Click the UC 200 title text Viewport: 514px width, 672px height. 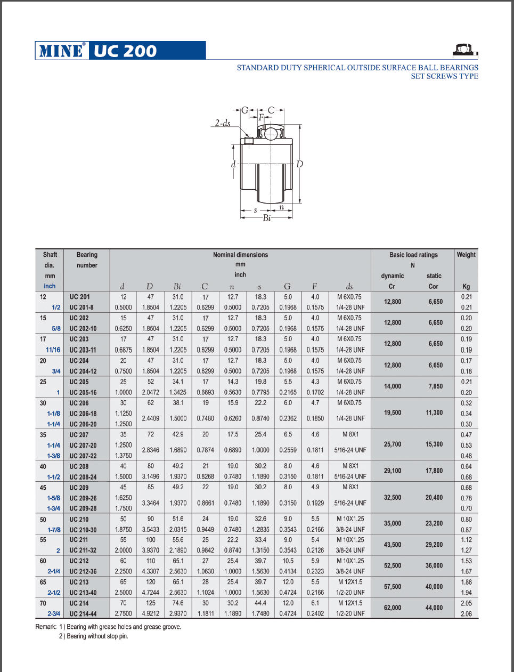[126, 51]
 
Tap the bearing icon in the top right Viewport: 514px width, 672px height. [465, 51]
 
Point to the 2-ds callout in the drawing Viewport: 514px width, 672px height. [223, 123]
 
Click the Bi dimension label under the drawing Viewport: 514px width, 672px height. [266, 218]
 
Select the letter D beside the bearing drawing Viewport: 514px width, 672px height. [299, 164]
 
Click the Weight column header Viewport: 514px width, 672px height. [466, 255]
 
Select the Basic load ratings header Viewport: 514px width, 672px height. [413, 255]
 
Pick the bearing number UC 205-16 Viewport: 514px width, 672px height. [83, 392]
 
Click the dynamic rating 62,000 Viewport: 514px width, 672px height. [393, 608]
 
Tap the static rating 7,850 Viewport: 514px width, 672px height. [435, 386]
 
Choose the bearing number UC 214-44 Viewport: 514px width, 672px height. [83, 613]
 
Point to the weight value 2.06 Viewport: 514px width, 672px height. [466, 613]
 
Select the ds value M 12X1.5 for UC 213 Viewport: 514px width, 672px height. [350, 582]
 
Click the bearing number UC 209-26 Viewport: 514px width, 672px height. [83, 498]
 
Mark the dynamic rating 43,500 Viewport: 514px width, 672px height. [393, 545]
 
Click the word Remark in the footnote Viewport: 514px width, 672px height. [45, 627]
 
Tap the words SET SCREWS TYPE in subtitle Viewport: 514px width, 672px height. [444, 76]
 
